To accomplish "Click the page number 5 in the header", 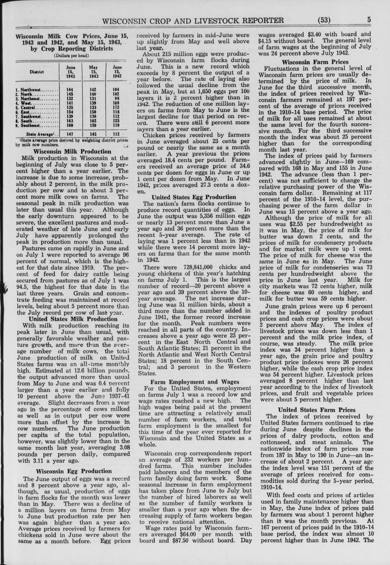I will click(368, 20).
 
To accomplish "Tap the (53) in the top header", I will click(323, 20).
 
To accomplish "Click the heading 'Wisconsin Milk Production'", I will click(72, 151).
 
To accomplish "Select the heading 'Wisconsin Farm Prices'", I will click(315, 62).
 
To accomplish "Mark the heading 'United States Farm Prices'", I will click(317, 410).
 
